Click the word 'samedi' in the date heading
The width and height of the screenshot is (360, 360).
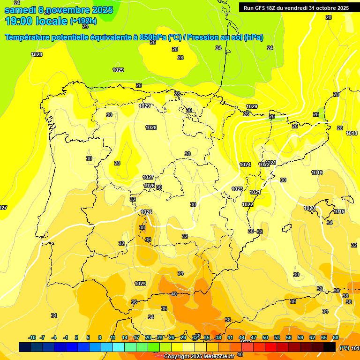[x=19, y=10]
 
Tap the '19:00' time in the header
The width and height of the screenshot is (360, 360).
[x=19, y=21]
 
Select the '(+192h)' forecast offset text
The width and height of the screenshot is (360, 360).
[x=83, y=21]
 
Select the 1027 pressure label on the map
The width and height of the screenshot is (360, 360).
[x=148, y=177]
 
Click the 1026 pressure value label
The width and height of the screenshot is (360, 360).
[x=149, y=186]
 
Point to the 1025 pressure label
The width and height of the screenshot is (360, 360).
[x=146, y=212]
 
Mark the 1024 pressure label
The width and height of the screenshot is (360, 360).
[x=245, y=165]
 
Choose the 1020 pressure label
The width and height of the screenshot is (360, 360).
[x=309, y=208]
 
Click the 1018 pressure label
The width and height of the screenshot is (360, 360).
[x=352, y=133]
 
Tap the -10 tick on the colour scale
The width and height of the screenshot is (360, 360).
[x=32, y=337]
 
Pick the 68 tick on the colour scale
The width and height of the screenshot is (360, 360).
[x=336, y=337]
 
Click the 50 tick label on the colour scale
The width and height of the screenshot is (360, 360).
[x=265, y=337]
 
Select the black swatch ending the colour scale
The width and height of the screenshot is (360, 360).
[x=330, y=347]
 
